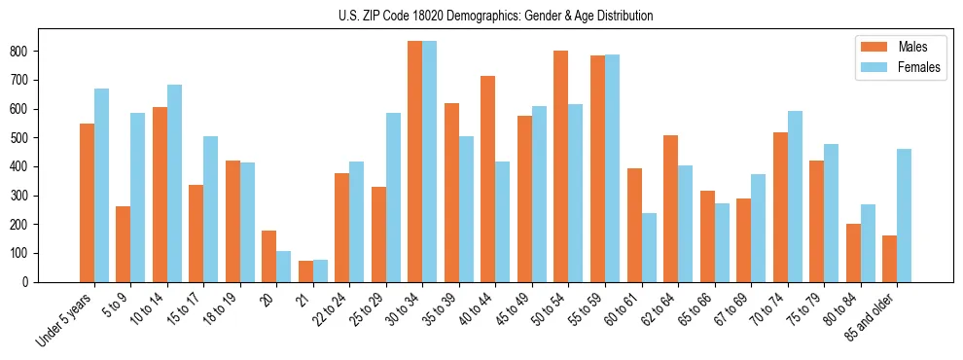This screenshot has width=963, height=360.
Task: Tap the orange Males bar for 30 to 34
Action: tap(415, 162)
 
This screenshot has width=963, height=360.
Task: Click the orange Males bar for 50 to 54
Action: tap(561, 166)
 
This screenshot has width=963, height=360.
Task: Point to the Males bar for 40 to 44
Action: tap(488, 179)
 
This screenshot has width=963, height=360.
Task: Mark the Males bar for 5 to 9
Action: tap(124, 244)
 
